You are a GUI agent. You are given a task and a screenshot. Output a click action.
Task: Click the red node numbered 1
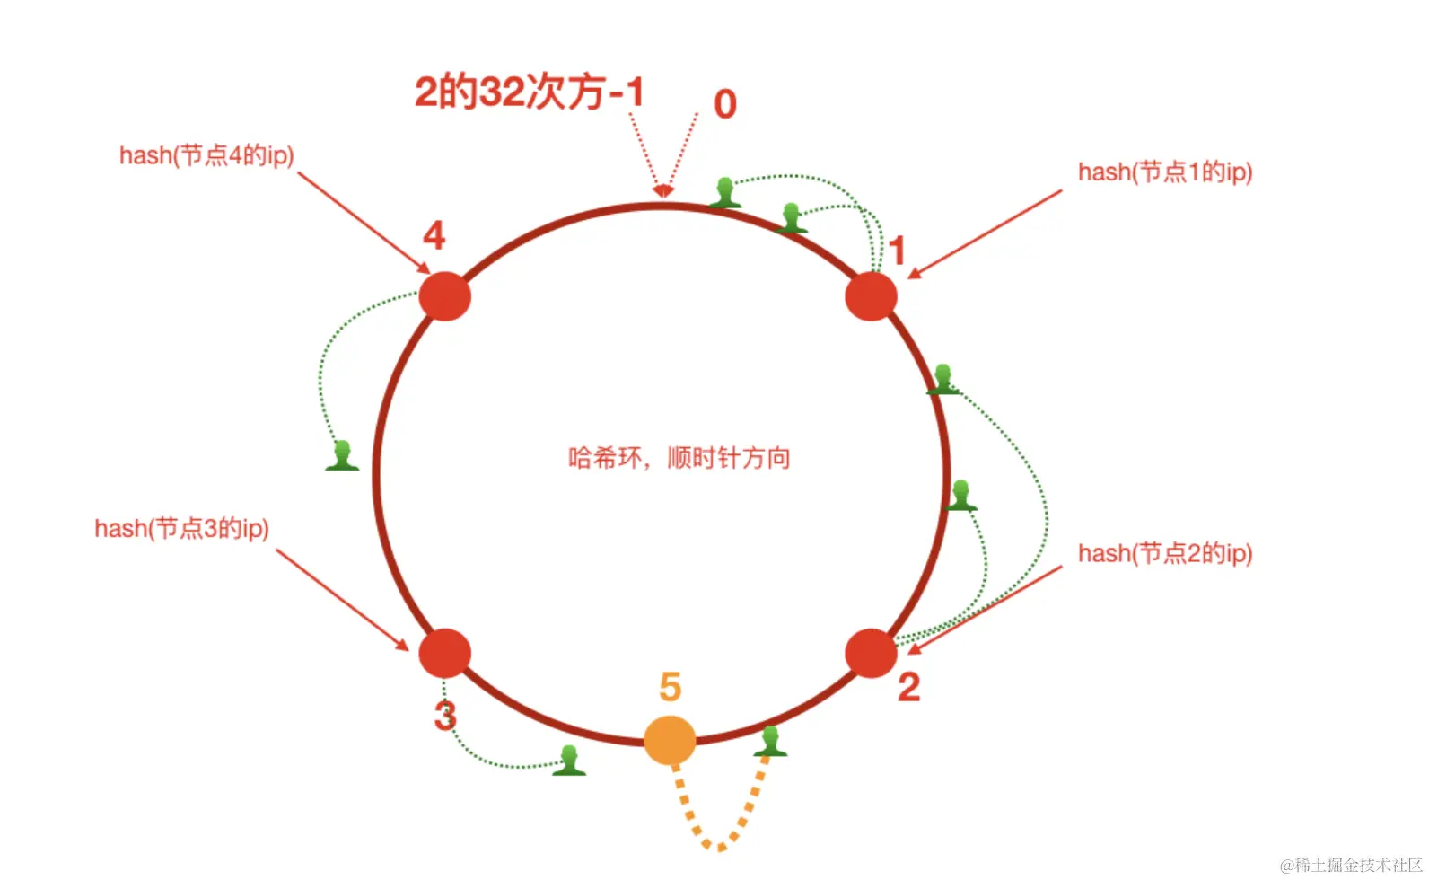(x=871, y=296)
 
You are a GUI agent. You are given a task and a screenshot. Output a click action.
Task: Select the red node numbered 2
(x=871, y=653)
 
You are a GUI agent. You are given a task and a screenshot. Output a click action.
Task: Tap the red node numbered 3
(x=445, y=653)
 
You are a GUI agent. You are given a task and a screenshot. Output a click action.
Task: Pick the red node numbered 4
(x=445, y=296)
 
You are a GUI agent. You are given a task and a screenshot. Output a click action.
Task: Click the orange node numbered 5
(x=670, y=740)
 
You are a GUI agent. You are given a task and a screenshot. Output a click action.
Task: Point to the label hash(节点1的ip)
(x=1164, y=172)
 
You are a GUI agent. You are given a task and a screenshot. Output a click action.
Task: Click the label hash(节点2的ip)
(x=1164, y=553)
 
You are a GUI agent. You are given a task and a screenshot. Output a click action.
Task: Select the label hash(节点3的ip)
(x=181, y=528)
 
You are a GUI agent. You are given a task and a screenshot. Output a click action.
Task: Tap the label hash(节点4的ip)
(x=206, y=155)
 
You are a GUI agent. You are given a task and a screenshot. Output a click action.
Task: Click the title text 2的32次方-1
(x=530, y=92)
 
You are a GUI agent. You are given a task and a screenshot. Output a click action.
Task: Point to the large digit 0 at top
(x=725, y=105)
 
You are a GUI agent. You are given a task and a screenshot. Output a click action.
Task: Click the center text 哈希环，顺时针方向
(x=679, y=458)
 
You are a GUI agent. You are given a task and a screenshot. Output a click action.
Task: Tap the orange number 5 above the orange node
(x=671, y=688)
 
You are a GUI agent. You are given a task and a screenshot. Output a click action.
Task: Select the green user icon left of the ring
(x=342, y=455)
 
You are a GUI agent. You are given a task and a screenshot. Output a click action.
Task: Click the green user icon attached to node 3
(x=569, y=761)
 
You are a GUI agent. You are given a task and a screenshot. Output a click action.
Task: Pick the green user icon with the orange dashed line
(x=770, y=742)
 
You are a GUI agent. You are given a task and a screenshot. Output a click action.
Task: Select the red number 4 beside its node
(x=434, y=236)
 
